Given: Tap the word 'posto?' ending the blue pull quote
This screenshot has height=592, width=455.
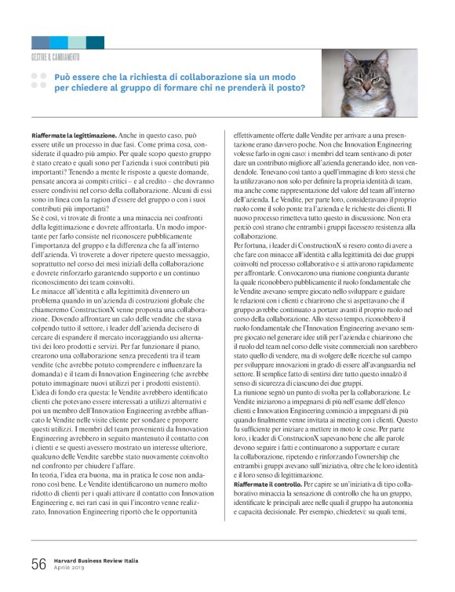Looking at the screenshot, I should [289, 89].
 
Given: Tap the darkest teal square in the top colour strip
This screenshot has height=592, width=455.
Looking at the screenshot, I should [95, 42].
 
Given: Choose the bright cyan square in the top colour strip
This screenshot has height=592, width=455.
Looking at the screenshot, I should [59, 42].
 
